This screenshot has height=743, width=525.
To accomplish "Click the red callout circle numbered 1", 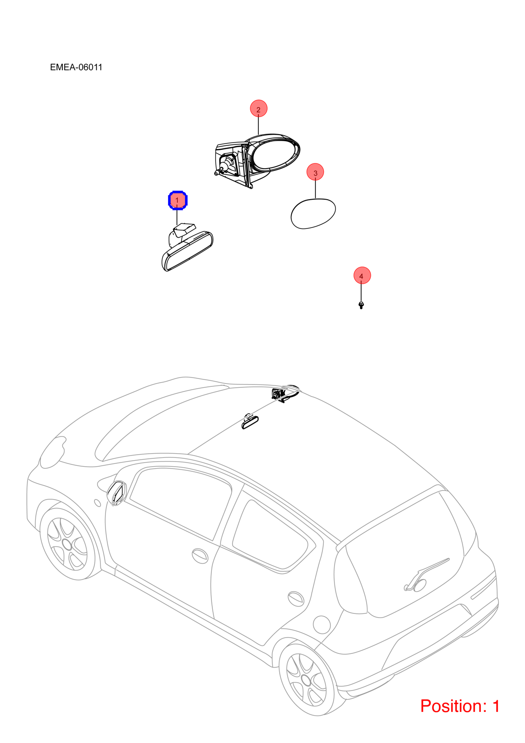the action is coord(177,200).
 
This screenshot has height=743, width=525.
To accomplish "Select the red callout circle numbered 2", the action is coord(258,109).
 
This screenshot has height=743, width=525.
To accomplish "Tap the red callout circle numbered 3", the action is coord(315,172).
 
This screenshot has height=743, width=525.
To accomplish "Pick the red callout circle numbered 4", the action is coord(362,275).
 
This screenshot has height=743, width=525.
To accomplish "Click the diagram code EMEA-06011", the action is coord(76,67).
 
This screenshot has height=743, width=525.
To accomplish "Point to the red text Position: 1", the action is coord(460,705).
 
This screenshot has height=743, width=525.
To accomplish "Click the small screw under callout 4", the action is coord(361,305).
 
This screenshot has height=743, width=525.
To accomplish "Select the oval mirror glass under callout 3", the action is coord(313,214).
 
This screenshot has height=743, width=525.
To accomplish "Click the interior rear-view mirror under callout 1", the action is coord(187,248).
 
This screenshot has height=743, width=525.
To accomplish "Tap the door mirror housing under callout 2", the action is coord(257,161).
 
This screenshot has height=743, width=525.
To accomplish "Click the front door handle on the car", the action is coord(200,555).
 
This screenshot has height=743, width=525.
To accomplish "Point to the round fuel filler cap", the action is coord(322,624).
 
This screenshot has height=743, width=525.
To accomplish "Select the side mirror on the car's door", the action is coord(117,493).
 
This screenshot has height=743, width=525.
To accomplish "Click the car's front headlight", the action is coord(53,452).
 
